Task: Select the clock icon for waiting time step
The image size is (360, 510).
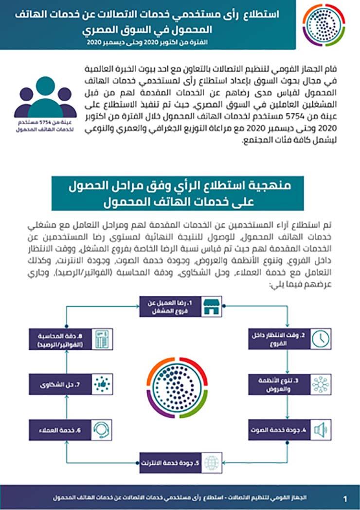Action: pyautogui.click(x=320, y=339)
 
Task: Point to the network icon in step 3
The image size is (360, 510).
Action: pyautogui.click(x=320, y=384)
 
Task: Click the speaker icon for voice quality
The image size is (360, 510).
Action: pyautogui.click(x=320, y=430)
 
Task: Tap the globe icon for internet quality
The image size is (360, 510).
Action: pyautogui.click(x=210, y=463)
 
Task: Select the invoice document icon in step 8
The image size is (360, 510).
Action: pyautogui.click(x=101, y=339)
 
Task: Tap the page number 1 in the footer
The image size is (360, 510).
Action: pyautogui.click(x=345, y=499)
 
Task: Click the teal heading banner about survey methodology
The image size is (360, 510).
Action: pyautogui.click(x=178, y=193)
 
